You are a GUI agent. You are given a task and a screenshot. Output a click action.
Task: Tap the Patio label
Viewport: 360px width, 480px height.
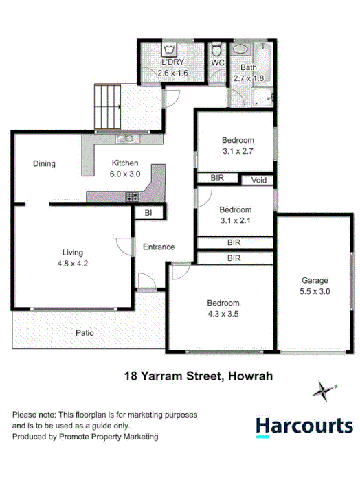pos(85,332)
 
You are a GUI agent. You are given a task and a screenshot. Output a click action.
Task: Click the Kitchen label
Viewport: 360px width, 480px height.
pos(126,163)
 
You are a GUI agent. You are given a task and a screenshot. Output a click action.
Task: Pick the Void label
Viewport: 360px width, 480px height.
pos(258,180)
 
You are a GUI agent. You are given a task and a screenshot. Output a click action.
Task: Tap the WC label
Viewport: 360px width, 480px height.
pos(218,62)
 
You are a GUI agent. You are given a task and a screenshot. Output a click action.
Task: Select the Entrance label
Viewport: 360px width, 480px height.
pos(158,247)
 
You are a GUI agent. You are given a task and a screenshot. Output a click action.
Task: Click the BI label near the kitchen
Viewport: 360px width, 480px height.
pos(148,214)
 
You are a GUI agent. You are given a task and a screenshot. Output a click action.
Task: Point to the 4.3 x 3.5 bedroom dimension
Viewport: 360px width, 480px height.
pos(223,315)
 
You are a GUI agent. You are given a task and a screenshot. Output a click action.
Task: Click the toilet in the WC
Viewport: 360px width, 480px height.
pos(217,49)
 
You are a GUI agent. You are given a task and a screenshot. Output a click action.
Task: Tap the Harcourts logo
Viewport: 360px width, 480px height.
pos(304,426)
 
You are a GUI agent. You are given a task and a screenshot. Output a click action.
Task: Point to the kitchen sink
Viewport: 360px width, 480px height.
pos(125,139)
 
